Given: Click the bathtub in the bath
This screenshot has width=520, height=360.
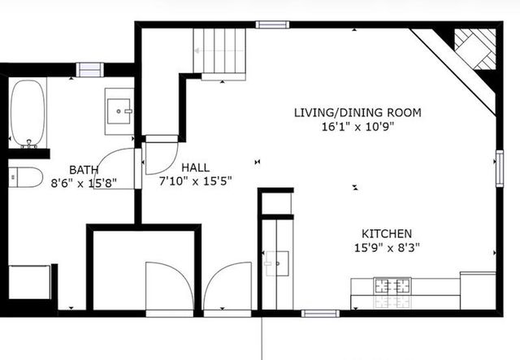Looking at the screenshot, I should (28, 114).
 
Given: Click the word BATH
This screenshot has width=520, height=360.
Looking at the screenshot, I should (84, 169).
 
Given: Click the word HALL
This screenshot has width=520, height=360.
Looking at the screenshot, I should (195, 167).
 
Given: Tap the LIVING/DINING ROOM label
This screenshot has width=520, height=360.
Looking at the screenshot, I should (357, 112).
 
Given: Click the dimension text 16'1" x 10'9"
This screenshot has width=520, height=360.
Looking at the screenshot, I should (357, 127).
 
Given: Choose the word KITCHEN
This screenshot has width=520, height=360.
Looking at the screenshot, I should (386, 232).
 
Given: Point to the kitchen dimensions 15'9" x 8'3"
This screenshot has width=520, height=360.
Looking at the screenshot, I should (386, 247).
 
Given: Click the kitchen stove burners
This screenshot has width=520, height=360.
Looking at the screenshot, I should (392, 286).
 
